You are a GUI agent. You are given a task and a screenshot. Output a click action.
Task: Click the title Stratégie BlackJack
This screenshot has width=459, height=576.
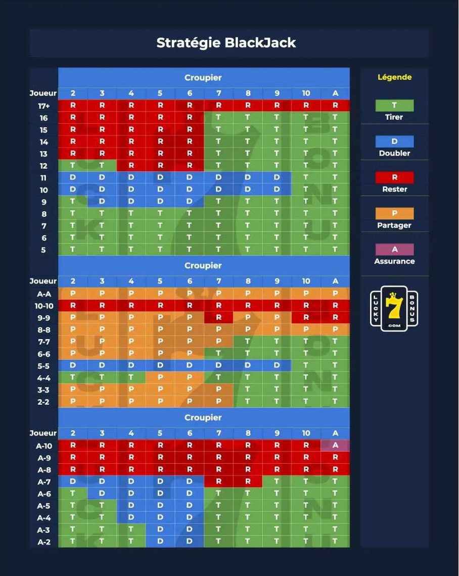pyautogui.click(x=226, y=43)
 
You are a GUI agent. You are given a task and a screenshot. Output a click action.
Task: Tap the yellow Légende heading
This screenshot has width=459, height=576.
pyautogui.click(x=394, y=77)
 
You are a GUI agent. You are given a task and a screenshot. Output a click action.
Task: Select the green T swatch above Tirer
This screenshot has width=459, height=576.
pyautogui.click(x=394, y=106)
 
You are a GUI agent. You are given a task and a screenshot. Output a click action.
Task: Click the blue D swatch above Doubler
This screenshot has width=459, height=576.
pyautogui.click(x=394, y=141)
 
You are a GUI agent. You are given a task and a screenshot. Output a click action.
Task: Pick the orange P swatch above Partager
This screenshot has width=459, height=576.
pyautogui.click(x=394, y=213)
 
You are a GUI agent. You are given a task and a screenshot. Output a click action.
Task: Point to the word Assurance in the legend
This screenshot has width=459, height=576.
pyautogui.click(x=394, y=261)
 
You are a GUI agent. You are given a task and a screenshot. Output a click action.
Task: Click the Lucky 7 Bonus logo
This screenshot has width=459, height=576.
pyautogui.click(x=394, y=309)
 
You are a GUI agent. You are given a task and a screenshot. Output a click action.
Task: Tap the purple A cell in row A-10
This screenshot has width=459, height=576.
pyautogui.click(x=335, y=446)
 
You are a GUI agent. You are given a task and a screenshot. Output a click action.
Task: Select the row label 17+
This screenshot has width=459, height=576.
pyautogui.click(x=44, y=106)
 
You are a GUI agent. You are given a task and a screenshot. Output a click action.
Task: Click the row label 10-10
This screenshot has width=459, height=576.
pyautogui.click(x=44, y=306)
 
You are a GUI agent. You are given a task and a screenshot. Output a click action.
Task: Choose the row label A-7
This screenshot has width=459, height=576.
pyautogui.click(x=44, y=482)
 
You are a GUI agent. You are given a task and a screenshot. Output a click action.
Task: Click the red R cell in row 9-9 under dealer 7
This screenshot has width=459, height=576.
pyautogui.click(x=218, y=318)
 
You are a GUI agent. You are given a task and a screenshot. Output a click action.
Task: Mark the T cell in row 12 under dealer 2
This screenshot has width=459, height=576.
pyautogui.click(x=73, y=166)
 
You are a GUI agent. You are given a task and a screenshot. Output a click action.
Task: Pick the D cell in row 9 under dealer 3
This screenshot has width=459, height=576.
pyautogui.click(x=102, y=202)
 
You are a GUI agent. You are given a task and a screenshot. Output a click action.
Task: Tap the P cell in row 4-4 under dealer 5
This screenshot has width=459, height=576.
pyautogui.click(x=160, y=378)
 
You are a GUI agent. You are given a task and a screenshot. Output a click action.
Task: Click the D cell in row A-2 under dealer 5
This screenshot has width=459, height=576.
pyautogui.click(x=160, y=542)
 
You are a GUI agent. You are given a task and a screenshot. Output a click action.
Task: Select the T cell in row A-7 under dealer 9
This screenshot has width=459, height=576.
pyautogui.click(x=277, y=482)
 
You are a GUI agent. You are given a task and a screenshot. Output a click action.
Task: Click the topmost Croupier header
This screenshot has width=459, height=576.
pyautogui.click(x=203, y=78)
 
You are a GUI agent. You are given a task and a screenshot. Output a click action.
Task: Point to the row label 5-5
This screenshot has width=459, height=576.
pyautogui.click(x=44, y=366)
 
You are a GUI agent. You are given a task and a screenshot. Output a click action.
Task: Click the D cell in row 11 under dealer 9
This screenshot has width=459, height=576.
pyautogui.click(x=277, y=178)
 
